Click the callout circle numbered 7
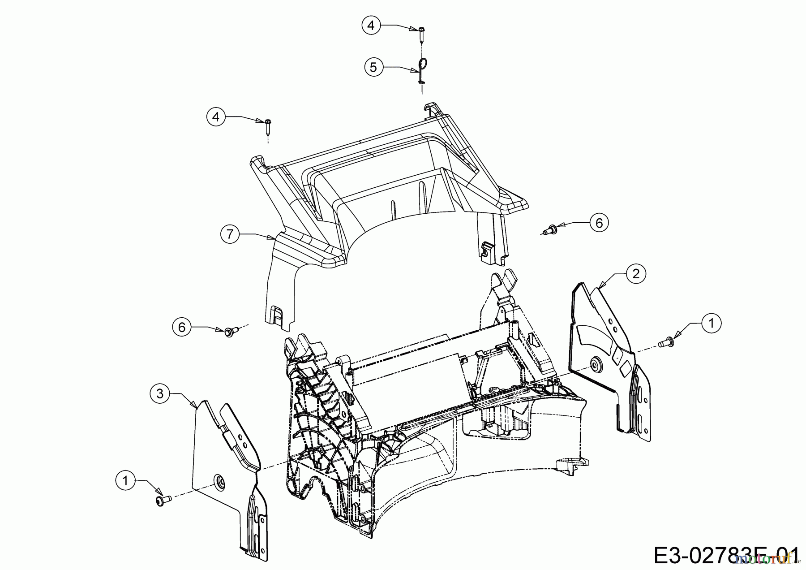(x=230, y=234)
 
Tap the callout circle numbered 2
(x=636, y=273)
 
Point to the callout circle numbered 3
(x=159, y=393)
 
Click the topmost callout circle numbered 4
(x=371, y=26)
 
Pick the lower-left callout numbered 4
(x=216, y=117)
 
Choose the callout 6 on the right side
(x=599, y=223)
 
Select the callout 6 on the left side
(x=182, y=328)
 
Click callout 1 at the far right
(x=712, y=323)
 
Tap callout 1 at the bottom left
(x=125, y=481)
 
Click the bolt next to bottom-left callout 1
(x=162, y=500)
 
